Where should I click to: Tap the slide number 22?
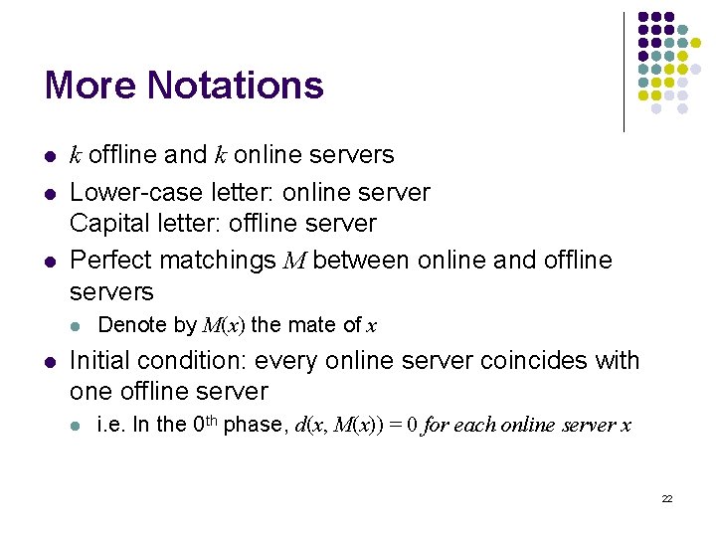click(x=667, y=498)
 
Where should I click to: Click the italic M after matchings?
click(x=293, y=262)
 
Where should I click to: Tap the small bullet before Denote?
click(x=75, y=326)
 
